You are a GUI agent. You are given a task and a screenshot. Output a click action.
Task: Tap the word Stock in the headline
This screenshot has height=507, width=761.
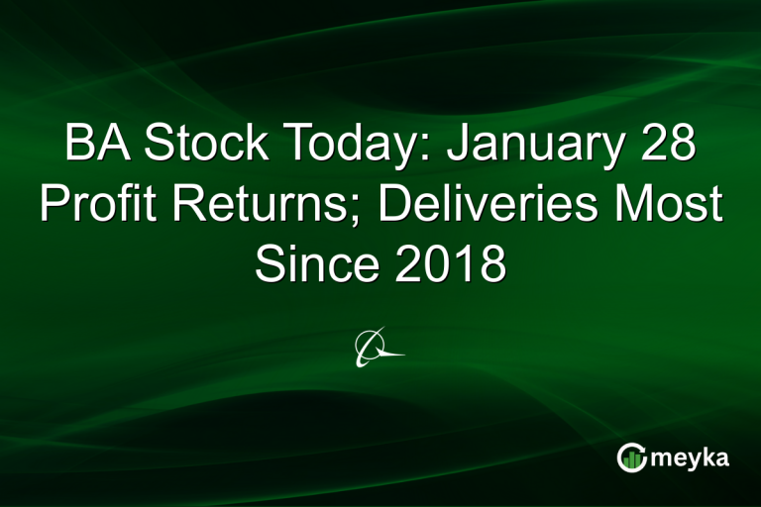coord(202,146)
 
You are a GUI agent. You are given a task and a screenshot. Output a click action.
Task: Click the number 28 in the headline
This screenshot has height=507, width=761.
coord(665,146)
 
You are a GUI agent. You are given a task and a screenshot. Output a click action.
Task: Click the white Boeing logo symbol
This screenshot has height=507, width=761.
coord(379,347)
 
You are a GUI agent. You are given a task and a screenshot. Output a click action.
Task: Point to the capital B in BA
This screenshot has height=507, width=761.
coord(80,146)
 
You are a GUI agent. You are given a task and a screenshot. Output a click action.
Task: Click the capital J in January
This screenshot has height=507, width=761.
coord(457,146)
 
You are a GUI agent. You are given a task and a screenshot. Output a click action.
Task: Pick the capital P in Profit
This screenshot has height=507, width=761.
coord(52,206)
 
